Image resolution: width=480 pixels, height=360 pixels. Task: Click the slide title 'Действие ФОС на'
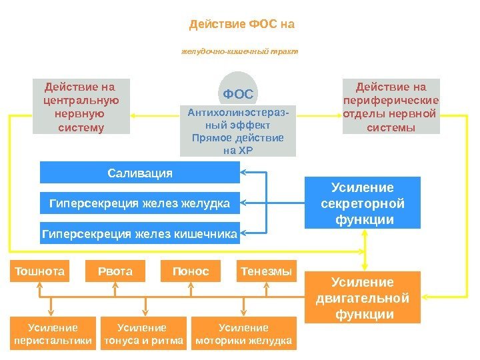[x=242, y=25]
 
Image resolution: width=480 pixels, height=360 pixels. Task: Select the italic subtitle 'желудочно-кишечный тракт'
[x=240, y=51]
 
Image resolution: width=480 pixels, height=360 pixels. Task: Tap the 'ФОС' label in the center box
[x=238, y=93]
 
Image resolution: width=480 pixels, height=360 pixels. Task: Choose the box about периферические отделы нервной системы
[x=391, y=107]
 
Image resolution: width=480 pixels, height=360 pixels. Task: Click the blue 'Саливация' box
[x=140, y=173]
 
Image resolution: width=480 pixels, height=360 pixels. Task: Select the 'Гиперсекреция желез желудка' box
[x=140, y=203]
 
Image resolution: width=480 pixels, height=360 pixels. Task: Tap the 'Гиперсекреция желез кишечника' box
[x=140, y=234]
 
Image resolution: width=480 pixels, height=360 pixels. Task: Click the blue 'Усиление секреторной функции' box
[x=363, y=203]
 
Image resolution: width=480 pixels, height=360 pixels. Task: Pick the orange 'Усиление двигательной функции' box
[x=363, y=298]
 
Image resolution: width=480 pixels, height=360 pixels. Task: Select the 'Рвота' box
[x=116, y=271]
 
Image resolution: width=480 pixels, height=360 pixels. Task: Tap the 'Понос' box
[x=191, y=271]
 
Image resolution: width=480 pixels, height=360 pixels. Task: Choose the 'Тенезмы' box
[x=266, y=271]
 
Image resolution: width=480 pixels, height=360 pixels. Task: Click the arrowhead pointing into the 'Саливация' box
[x=245, y=173]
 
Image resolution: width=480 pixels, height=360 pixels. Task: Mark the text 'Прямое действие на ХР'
[x=238, y=144]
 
